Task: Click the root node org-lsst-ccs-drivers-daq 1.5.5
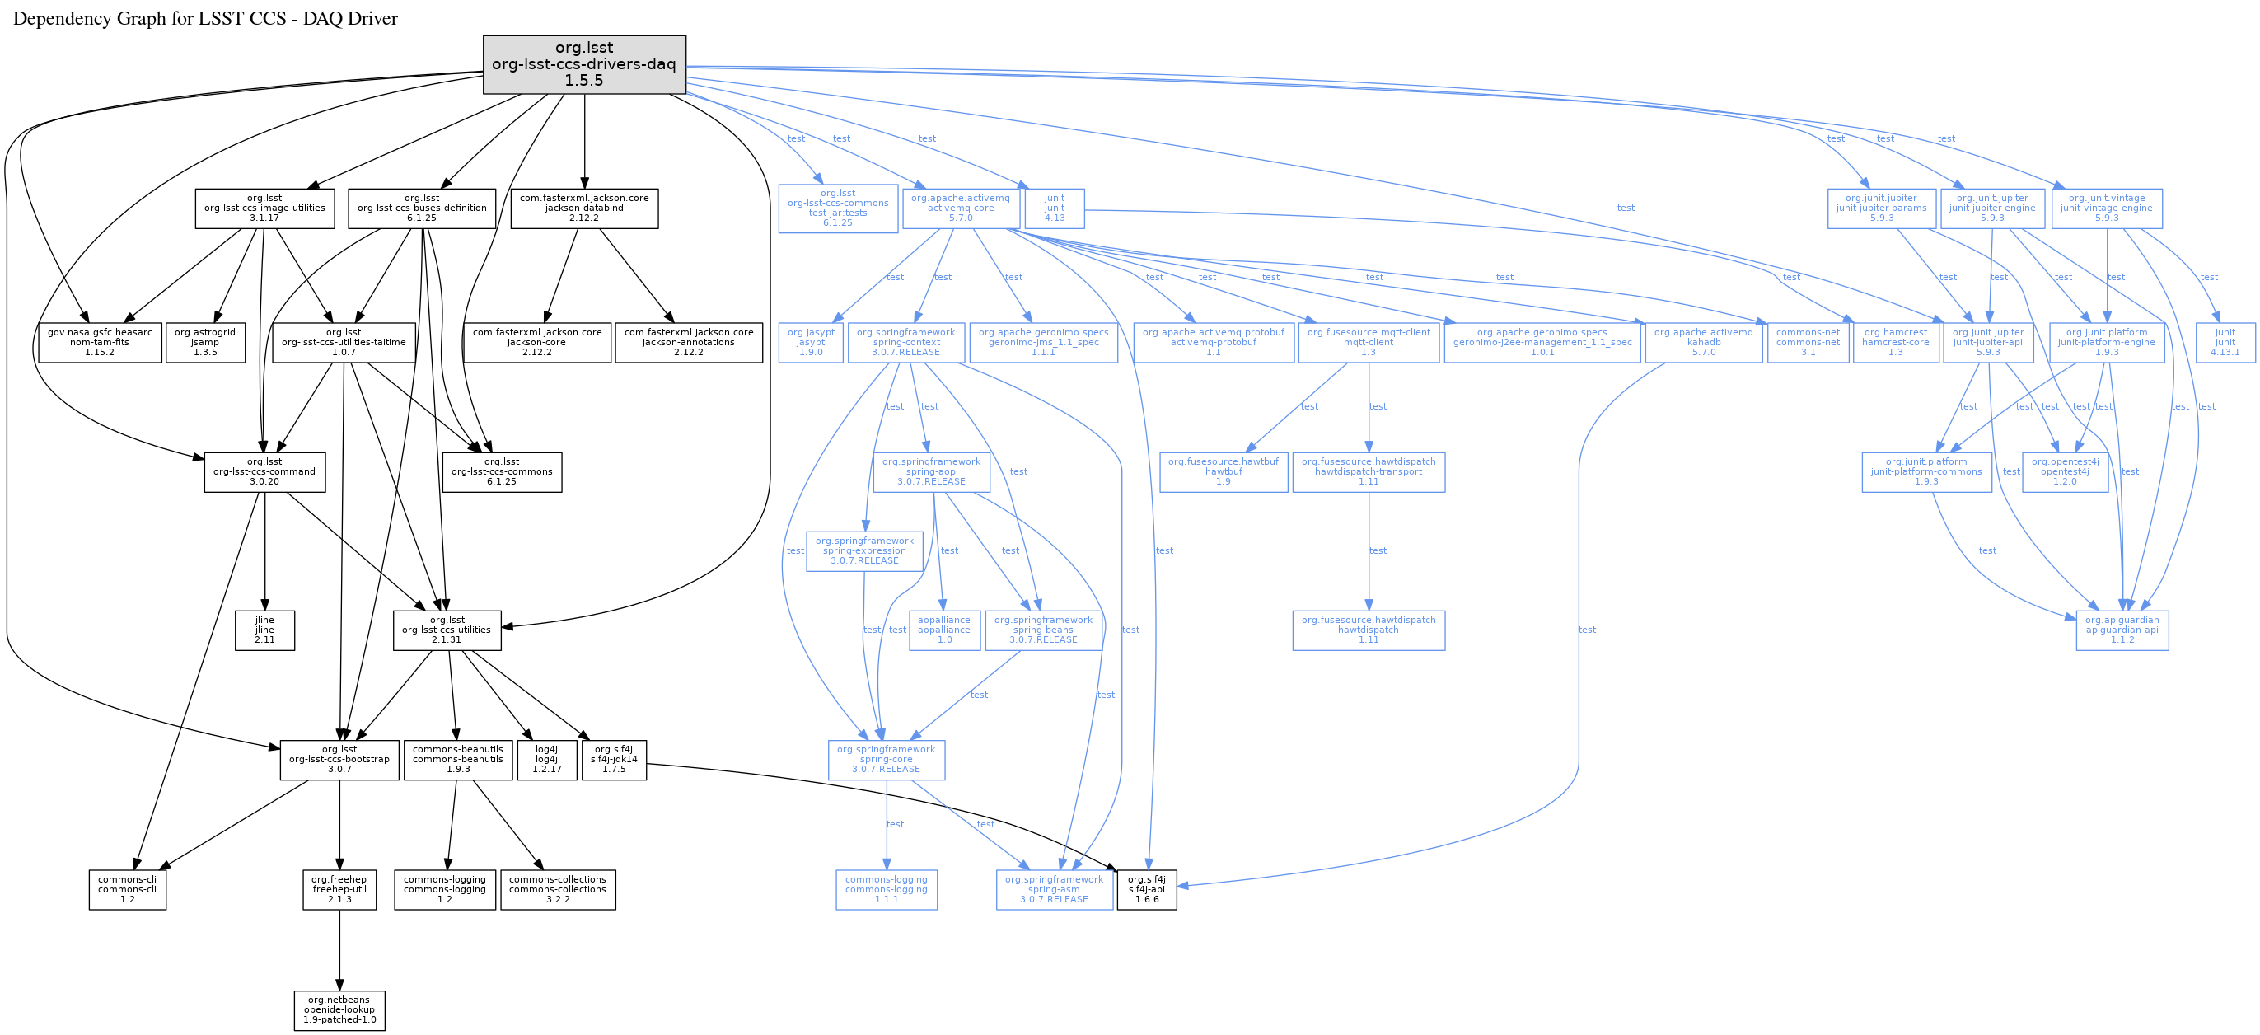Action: (584, 64)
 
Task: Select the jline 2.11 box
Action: (264, 630)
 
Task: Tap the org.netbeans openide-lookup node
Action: (339, 1009)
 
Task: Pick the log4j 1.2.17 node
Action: (545, 760)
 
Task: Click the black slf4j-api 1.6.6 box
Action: (1147, 889)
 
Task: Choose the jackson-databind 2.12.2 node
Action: (584, 208)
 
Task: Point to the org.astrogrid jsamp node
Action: (205, 342)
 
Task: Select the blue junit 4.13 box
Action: (1055, 208)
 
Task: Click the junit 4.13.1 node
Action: (2225, 342)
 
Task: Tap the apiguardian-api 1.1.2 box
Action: (2122, 630)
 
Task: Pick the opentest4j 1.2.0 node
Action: (2065, 472)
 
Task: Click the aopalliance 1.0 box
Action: (944, 630)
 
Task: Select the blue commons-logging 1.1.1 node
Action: (886, 889)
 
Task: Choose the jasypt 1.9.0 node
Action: (811, 342)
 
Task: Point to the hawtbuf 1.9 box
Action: (1223, 472)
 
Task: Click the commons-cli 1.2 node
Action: (127, 889)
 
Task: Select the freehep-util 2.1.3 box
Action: (339, 889)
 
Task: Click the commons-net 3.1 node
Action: (1808, 342)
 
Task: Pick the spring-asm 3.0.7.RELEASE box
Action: (1054, 889)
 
